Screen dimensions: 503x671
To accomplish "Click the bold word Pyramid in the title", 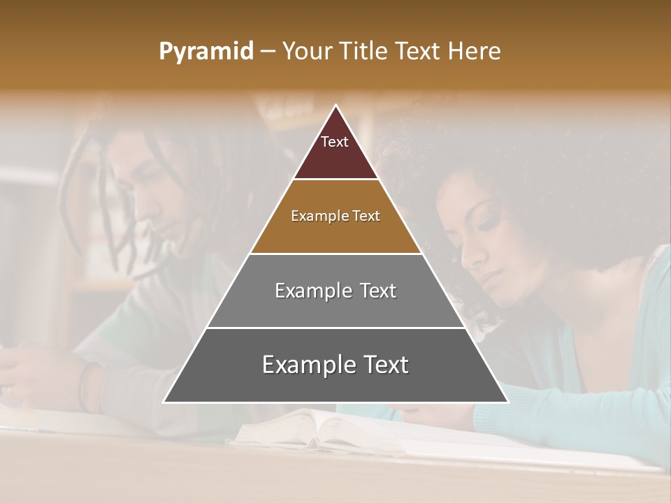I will pyautogui.click(x=205, y=52).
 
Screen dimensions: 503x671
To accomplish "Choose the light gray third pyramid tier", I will pyautogui.click(x=335, y=307).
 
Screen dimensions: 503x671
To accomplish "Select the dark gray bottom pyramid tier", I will pyautogui.click(x=335, y=381).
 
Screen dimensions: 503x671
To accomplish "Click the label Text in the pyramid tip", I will pyautogui.click(x=334, y=142).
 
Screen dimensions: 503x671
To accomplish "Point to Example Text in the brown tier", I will pyautogui.click(x=335, y=216).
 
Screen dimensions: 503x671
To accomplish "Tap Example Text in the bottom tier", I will pyautogui.click(x=335, y=365).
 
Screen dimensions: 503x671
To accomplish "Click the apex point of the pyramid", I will pyautogui.click(x=336, y=106).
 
